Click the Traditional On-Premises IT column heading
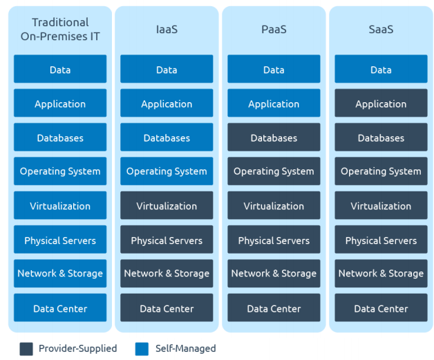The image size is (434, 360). point(60,30)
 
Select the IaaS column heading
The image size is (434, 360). point(167,30)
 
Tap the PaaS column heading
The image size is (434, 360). point(274,30)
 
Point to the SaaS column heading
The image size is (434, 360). point(381,30)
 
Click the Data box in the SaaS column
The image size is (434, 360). point(381,70)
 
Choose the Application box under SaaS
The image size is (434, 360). point(381,104)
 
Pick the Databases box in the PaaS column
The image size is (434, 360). point(274,138)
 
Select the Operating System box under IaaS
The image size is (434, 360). point(167,171)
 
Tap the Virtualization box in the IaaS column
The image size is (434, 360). point(167,206)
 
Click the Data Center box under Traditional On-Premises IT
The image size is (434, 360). point(60,308)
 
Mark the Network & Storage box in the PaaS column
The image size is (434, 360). point(274,274)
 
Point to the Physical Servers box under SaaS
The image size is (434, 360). point(381,240)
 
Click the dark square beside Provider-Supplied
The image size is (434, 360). point(26,349)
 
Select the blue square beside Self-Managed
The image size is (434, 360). point(142,349)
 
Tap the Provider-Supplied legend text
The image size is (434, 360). point(77,349)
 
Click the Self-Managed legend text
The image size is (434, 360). point(185,349)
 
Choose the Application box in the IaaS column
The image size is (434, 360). point(167,104)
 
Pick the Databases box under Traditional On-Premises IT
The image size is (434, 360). point(60,138)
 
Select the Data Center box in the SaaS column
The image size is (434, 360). point(381,308)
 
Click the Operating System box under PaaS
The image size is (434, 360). point(274,171)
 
